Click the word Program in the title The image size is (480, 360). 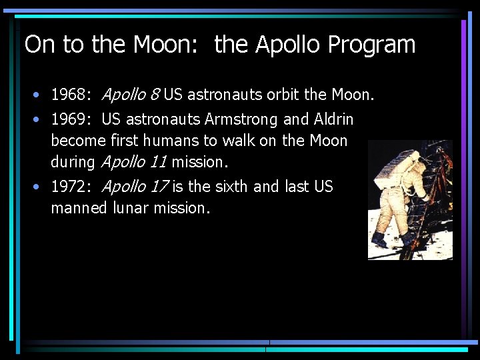(372, 45)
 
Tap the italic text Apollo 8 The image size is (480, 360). (130, 95)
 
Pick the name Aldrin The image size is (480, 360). (332, 120)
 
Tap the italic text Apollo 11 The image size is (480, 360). (133, 161)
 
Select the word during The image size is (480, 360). (73, 161)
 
